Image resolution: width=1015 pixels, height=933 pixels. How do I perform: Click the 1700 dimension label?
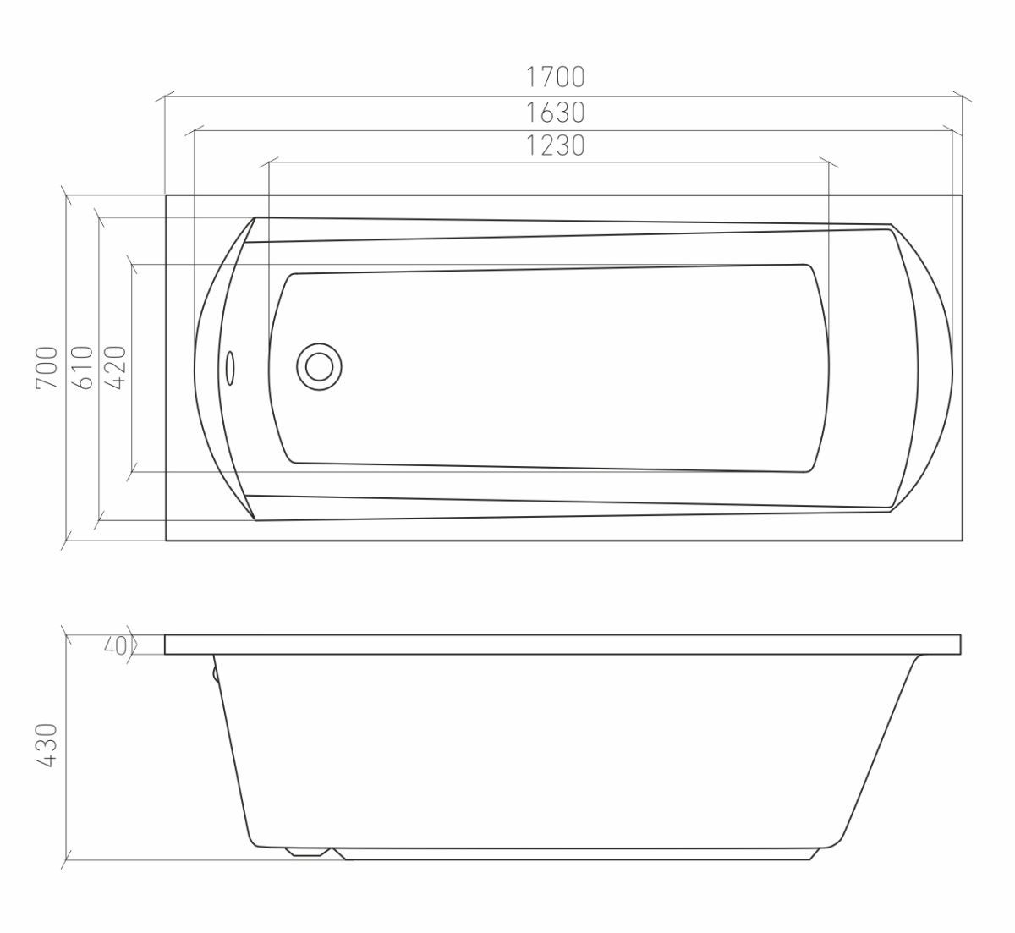click(x=556, y=77)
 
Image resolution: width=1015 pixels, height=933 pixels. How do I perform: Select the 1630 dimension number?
click(x=556, y=113)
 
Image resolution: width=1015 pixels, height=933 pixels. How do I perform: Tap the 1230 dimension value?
click(x=556, y=145)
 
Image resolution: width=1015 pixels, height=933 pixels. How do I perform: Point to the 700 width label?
click(x=47, y=367)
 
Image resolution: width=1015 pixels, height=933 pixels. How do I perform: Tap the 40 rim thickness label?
click(x=114, y=646)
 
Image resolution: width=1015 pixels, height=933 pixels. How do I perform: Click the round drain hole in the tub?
click(x=319, y=367)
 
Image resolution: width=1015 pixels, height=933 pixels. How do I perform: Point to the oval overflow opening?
click(x=230, y=368)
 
